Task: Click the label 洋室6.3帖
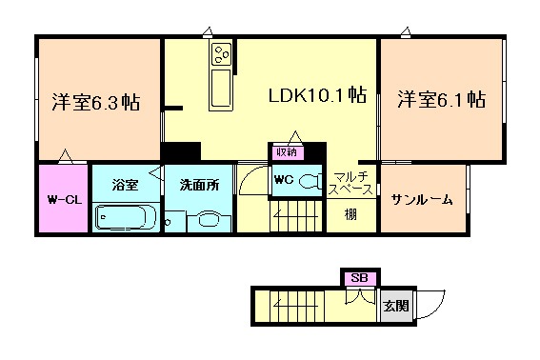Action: (96, 102)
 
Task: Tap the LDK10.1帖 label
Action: (317, 95)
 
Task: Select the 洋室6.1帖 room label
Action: (442, 99)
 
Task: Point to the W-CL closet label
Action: (65, 200)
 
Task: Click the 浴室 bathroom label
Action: (125, 185)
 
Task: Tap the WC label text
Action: (284, 179)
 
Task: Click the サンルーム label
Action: (422, 199)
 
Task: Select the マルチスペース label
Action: (350, 183)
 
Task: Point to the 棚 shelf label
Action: (350, 215)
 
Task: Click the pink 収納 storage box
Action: (288, 152)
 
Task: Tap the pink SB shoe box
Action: (360, 278)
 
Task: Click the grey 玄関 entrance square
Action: (396, 306)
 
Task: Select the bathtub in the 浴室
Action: (126, 217)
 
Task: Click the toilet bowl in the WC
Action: (310, 181)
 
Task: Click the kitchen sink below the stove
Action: (221, 89)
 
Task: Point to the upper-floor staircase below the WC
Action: (297, 215)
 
